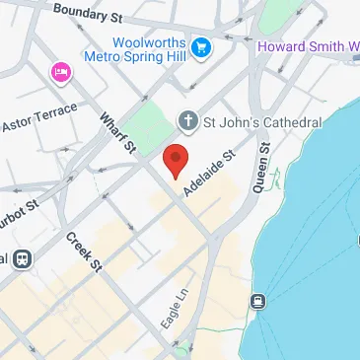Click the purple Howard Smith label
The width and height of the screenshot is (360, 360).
coord(307,46)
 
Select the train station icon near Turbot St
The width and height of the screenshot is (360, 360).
coord(18,259)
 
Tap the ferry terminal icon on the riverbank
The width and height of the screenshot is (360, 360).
coord(257,301)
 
